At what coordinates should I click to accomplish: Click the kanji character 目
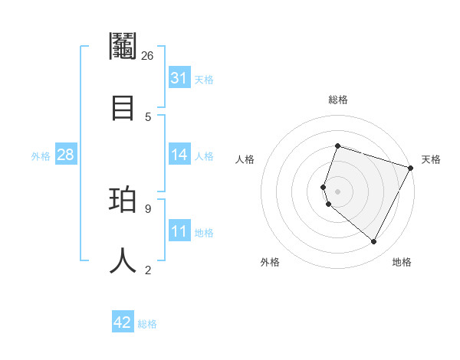pos(123,106)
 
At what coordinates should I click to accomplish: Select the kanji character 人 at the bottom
pos(123,260)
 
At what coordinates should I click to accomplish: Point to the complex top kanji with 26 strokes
pos(123,46)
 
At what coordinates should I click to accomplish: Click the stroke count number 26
pos(148,56)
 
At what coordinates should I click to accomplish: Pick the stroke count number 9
pos(148,208)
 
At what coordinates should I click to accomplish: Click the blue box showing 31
pos(179,78)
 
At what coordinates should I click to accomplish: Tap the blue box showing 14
pos(179,155)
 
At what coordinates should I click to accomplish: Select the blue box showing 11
pos(179,231)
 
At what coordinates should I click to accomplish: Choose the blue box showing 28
pos(66,155)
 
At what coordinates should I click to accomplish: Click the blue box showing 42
pos(123,322)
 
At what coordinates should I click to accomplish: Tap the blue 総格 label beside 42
pos(147,324)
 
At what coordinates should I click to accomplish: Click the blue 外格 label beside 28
pos(41,156)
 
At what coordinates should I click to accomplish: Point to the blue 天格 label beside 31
pos(204,79)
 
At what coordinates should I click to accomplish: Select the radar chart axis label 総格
pos(337,100)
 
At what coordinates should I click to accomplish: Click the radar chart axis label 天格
pos(431,159)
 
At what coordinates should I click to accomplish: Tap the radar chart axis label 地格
pos(402,262)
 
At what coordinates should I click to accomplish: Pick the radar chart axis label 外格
pos(270,262)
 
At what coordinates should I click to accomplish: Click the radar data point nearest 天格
pos(411,168)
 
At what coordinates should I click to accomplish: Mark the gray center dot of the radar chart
pos(337,191)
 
